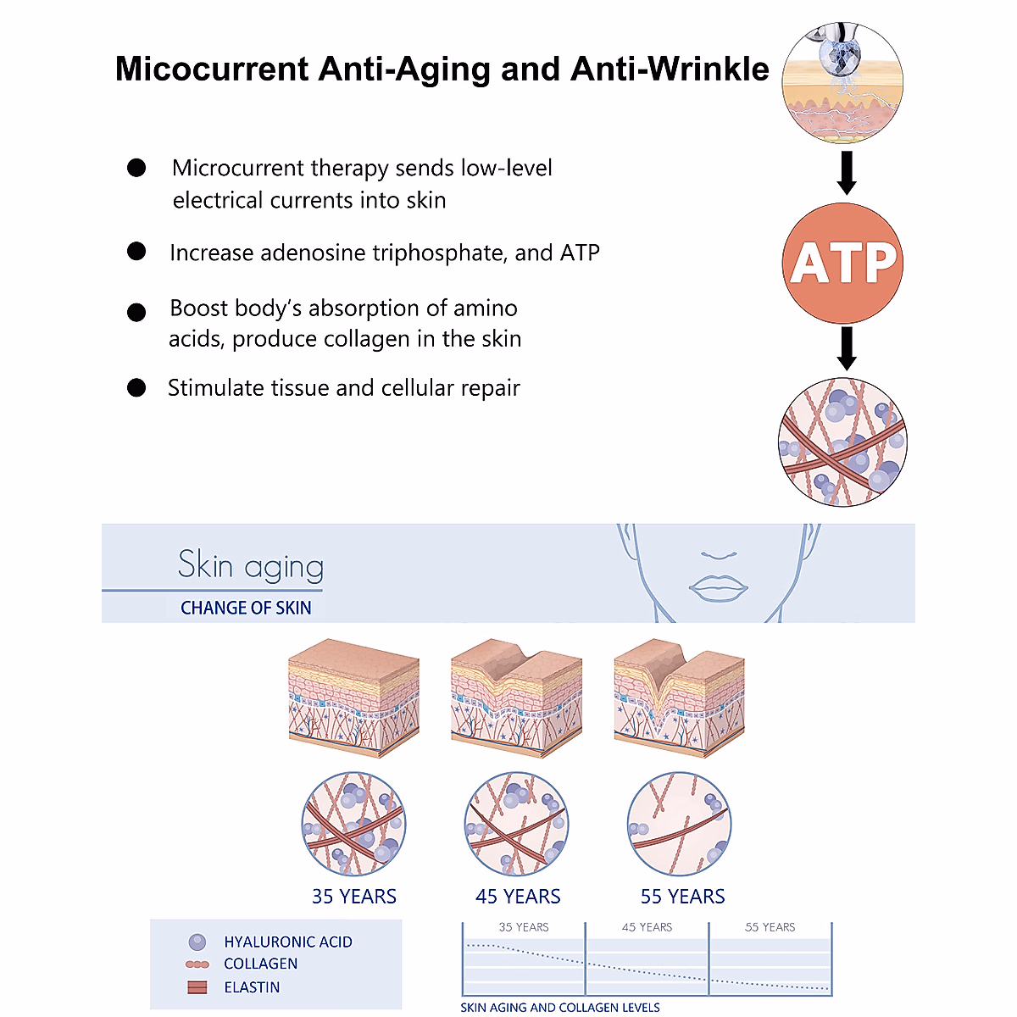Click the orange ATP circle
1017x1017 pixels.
point(842,263)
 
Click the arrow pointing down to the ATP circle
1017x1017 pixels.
point(846,173)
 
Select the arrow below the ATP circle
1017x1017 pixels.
point(846,348)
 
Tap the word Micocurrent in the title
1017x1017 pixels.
point(211,69)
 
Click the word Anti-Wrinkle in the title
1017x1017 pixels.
point(669,69)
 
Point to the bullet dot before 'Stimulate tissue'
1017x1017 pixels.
point(136,388)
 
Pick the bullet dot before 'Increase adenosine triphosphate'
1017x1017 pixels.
point(136,252)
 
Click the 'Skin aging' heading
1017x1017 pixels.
point(251,566)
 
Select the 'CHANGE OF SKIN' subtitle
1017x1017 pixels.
point(246,608)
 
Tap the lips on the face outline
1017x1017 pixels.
point(718,586)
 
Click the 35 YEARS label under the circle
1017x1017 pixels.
point(354,897)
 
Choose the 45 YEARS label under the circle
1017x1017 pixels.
point(518,897)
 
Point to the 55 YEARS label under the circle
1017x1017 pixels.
point(682,897)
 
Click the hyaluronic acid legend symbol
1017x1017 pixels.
point(197,942)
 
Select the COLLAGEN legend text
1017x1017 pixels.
point(261,964)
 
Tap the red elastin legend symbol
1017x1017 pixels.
point(197,987)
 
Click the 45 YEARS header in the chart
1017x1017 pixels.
point(647,927)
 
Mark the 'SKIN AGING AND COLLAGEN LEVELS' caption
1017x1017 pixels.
point(560,1008)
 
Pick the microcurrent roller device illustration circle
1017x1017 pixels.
point(842,83)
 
